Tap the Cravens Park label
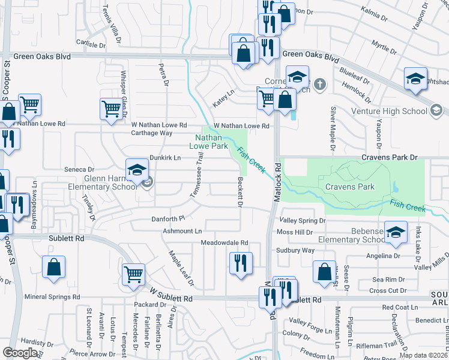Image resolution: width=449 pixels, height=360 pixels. pyautogui.click(x=350, y=187)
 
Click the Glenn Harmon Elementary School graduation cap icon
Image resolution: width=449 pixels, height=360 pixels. pyautogui.click(x=137, y=170)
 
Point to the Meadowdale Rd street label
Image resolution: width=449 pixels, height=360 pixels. pyautogui.click(x=224, y=242)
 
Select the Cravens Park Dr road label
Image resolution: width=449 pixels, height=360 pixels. pyautogui.click(x=388, y=157)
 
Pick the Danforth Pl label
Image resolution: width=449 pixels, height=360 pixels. pyautogui.click(x=166, y=219)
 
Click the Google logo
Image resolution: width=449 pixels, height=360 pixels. pyautogui.click(x=20, y=352)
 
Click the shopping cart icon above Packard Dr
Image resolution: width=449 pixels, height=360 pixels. pyautogui.click(x=134, y=275)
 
